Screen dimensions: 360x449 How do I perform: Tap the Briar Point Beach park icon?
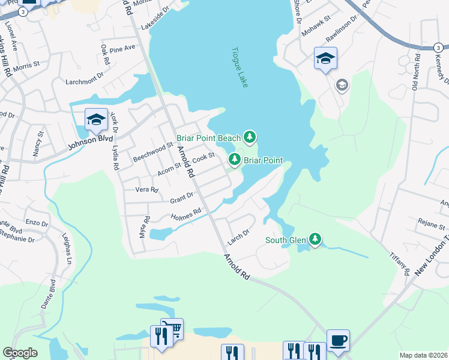(x=250, y=137)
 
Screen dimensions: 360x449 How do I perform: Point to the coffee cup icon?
(x=338, y=340)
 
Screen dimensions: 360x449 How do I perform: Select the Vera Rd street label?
(x=146, y=190)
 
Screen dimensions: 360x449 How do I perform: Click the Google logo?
(x=20, y=353)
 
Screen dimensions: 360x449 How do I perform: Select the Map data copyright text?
(x=423, y=355)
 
